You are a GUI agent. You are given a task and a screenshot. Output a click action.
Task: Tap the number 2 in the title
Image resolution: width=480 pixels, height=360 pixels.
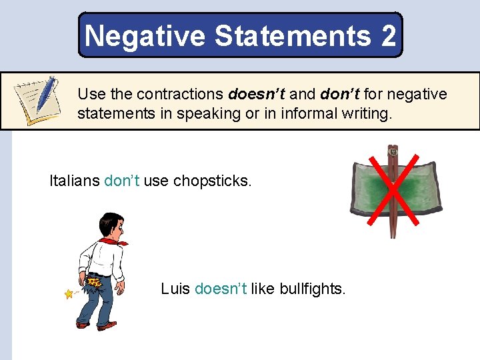click(389, 35)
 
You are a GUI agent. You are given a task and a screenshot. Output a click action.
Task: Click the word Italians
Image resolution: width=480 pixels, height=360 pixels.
click(74, 181)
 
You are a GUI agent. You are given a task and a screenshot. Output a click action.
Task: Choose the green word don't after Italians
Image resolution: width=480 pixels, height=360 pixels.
click(122, 181)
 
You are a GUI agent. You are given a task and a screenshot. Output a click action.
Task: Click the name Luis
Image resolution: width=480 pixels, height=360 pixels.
click(175, 289)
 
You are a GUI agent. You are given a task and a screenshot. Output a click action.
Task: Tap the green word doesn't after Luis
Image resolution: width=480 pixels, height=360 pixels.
click(221, 289)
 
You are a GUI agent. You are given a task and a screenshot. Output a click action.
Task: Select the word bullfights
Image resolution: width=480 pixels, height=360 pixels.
click(313, 289)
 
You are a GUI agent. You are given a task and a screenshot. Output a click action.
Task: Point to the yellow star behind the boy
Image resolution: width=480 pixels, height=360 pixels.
click(68, 293)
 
